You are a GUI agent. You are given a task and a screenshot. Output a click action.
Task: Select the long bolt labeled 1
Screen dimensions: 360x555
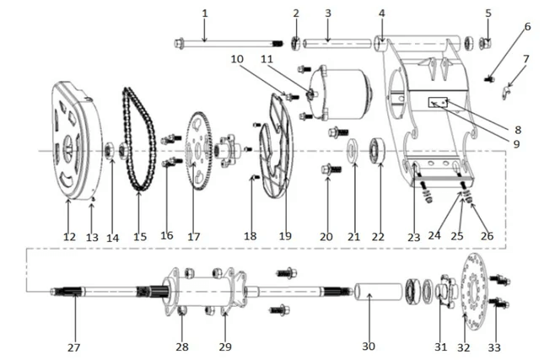(228, 42)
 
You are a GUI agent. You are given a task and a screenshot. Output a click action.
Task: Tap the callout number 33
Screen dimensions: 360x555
(494, 345)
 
